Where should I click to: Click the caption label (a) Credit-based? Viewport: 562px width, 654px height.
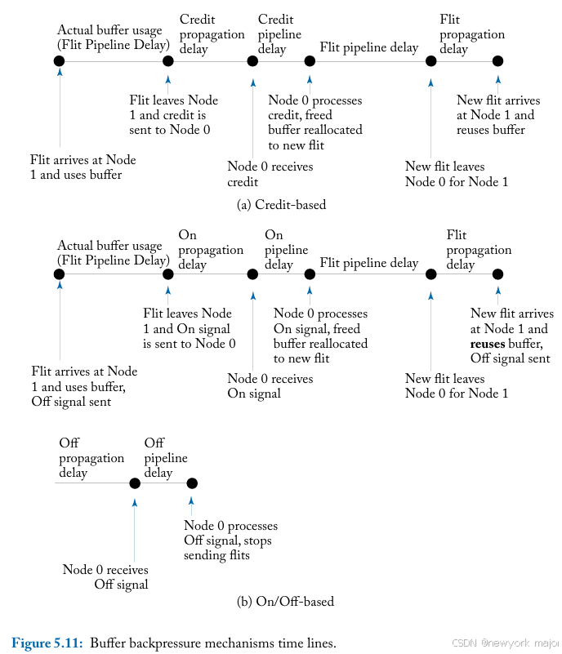(x=281, y=205)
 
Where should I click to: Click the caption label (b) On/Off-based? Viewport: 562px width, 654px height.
(x=285, y=602)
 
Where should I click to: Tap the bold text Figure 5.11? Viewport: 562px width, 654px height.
(x=47, y=643)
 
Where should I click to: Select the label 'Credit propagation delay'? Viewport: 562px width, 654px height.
(x=212, y=34)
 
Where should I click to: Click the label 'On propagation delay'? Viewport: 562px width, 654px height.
(x=211, y=250)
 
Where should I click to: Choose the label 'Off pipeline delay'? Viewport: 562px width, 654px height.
(x=166, y=458)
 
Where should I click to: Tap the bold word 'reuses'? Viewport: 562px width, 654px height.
(x=488, y=344)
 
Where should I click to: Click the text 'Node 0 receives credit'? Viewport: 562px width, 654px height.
(x=270, y=174)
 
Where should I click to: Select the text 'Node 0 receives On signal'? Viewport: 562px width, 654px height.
(x=270, y=385)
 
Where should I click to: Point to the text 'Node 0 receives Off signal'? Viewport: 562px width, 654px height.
(x=106, y=576)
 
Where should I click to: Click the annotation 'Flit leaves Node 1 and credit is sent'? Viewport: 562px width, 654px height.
(x=174, y=114)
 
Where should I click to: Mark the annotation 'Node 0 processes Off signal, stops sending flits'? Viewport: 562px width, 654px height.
(x=230, y=541)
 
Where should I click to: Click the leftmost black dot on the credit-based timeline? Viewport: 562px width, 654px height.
(x=59, y=60)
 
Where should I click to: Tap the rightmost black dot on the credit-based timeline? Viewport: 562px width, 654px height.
(x=497, y=60)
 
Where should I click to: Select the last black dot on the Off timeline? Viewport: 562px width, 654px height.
(x=192, y=483)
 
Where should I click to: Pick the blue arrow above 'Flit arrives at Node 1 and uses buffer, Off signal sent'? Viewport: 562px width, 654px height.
(x=59, y=318)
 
